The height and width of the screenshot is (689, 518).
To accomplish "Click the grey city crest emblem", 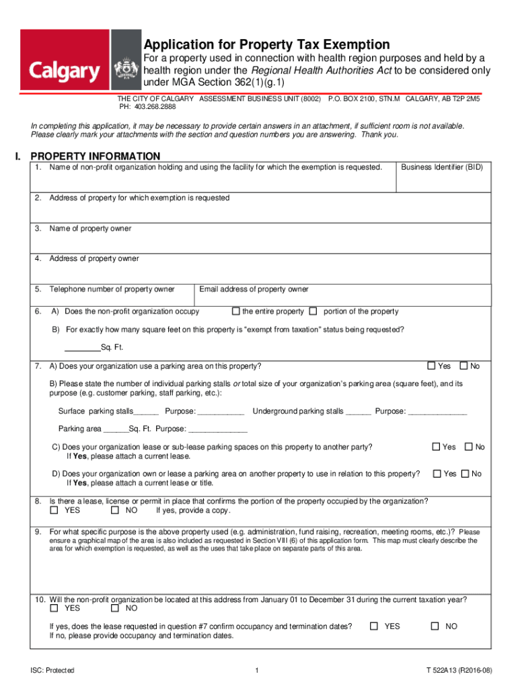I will point(126,65).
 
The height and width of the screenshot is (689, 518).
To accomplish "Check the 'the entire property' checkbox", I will point(235,312).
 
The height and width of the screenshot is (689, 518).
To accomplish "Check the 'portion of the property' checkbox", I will point(313,312).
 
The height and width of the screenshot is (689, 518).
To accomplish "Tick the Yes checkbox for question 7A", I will point(432,366).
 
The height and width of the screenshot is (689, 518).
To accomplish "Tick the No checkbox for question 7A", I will point(464,366).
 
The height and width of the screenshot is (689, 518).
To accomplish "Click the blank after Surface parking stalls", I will point(147,412).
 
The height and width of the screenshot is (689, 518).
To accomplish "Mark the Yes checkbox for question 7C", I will point(436,447).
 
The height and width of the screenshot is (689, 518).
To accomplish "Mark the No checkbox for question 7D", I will point(468,474).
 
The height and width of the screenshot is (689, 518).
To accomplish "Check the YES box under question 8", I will point(54,511).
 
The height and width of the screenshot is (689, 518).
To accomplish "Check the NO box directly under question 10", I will point(114,608).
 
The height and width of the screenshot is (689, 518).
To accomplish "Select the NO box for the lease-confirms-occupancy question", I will point(435,626).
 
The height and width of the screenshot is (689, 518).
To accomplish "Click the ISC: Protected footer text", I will point(52,670).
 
